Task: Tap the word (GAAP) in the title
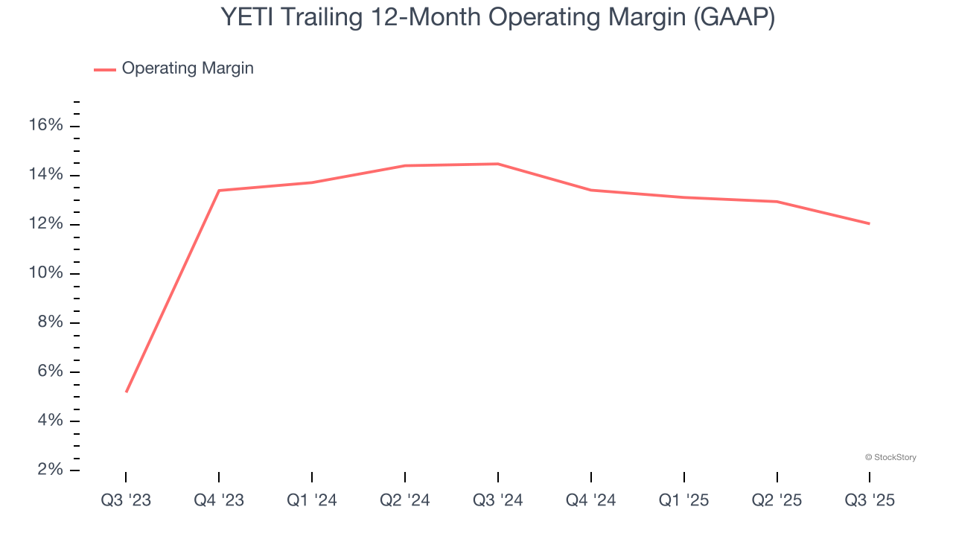point(733,18)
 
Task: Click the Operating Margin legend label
point(188,68)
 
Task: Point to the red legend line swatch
point(104,69)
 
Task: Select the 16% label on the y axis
point(45,126)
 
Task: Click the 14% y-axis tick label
point(45,175)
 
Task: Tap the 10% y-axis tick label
point(45,273)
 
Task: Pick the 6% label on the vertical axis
point(49,371)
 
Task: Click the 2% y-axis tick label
point(49,470)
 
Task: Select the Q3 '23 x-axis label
point(126,500)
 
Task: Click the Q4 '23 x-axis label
point(219,500)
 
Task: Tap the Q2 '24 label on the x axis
point(405,500)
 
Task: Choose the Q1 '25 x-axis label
point(683,500)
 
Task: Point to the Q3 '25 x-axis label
point(870,500)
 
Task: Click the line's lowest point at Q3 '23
point(127,392)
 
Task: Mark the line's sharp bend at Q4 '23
point(219,191)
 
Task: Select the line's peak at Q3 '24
point(498,164)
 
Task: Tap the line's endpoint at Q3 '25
point(869,223)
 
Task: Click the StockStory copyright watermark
point(890,457)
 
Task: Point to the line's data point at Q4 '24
point(591,190)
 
